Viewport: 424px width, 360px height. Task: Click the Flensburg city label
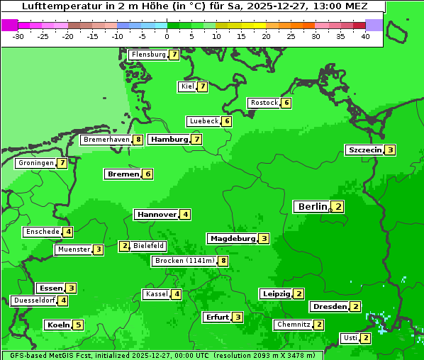pyautogui.click(x=148, y=55)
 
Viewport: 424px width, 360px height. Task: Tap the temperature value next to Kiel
pyautogui.click(x=202, y=86)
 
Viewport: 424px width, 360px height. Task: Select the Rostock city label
pyautogui.click(x=264, y=103)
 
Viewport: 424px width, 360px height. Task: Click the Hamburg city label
pyautogui.click(x=169, y=140)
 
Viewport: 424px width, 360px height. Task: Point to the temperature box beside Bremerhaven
pyautogui.click(x=138, y=140)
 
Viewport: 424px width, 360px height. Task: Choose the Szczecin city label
pyautogui.click(x=364, y=150)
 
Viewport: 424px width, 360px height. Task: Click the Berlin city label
pyautogui.click(x=312, y=207)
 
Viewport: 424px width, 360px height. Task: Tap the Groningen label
pyautogui.click(x=36, y=163)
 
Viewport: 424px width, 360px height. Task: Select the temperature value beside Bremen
pyautogui.click(x=147, y=174)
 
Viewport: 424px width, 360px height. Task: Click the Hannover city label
pyautogui.click(x=156, y=214)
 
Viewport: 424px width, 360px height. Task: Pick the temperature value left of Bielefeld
pyautogui.click(x=125, y=246)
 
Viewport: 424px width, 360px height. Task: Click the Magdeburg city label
pyautogui.click(x=232, y=239)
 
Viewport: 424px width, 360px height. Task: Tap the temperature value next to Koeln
pyautogui.click(x=78, y=325)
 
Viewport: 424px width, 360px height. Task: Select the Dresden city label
pyautogui.click(x=330, y=307)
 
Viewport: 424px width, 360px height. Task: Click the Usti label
pyautogui.click(x=350, y=337)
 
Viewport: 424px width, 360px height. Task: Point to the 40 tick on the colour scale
pyautogui.click(x=365, y=36)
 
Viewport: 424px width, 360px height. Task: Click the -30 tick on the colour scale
pyautogui.click(x=18, y=36)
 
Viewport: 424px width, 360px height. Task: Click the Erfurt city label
pyautogui.click(x=217, y=317)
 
